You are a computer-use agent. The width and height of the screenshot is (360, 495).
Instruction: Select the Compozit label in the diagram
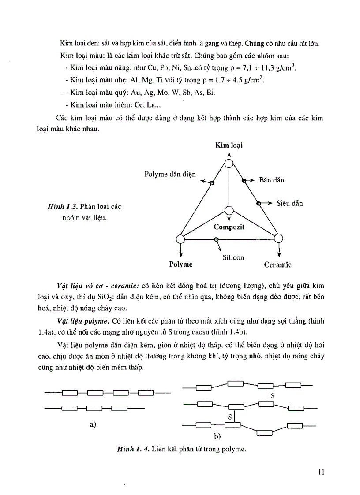point(229,227)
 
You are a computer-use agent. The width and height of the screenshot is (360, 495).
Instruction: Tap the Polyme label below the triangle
point(181,264)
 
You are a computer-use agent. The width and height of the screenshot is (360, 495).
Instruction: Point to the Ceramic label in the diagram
point(277,265)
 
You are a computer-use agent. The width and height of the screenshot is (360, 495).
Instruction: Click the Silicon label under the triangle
point(233,257)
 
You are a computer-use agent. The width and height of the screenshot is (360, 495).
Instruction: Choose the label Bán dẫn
point(272,180)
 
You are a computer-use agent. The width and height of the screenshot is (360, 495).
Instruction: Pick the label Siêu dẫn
point(290,204)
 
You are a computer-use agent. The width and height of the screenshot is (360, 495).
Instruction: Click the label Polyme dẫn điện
point(170,174)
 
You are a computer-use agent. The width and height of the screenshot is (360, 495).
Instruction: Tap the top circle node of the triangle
point(229,164)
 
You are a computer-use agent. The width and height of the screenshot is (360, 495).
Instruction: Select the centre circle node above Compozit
point(229,210)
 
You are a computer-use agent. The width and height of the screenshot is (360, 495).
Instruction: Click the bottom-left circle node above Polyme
point(180,239)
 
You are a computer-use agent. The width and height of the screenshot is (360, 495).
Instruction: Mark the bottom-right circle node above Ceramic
point(278,238)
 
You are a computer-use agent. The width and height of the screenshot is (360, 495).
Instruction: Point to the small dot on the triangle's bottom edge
point(216,239)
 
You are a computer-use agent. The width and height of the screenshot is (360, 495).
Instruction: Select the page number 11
point(321,472)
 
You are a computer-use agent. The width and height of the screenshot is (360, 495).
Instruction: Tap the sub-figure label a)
point(93,424)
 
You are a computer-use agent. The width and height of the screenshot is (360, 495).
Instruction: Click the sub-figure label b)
point(217,436)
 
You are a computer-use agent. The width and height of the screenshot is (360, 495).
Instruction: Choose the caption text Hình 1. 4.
point(132,450)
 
